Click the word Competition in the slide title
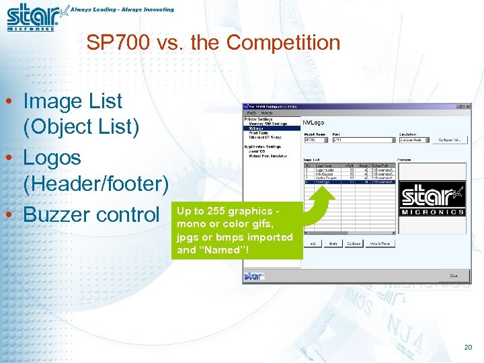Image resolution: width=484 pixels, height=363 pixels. click(x=283, y=43)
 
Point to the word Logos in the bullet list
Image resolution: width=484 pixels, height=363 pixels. click(x=52, y=158)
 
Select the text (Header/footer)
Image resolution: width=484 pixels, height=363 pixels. click(x=95, y=183)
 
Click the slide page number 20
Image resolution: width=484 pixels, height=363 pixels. click(x=468, y=347)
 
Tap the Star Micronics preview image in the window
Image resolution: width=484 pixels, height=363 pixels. click(x=432, y=200)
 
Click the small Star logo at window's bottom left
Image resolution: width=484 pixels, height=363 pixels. click(x=253, y=276)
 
